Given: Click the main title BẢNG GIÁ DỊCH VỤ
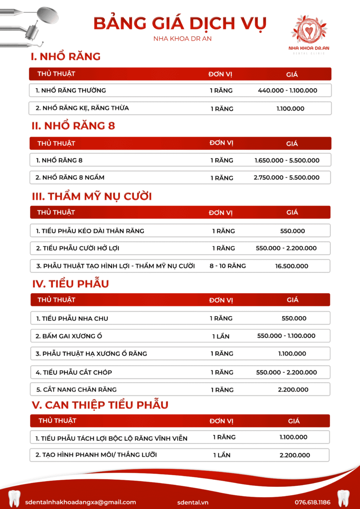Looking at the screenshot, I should click(180, 23).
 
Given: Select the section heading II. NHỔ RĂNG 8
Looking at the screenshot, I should click(73, 126).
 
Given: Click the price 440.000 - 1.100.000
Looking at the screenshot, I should click(287, 90).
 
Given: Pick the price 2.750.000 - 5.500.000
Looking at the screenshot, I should click(286, 178).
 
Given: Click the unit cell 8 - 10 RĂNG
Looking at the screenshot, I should click(228, 266).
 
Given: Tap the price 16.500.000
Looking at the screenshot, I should click(292, 266).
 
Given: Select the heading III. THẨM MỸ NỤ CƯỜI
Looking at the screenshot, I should click(91, 196).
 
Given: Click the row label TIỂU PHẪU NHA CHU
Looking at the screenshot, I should click(72, 319).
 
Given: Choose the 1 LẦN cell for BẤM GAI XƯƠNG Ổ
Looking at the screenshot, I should click(221, 336).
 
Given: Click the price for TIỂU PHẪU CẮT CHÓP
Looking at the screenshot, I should click(286, 372).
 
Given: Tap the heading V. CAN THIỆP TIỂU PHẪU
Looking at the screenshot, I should click(100, 405).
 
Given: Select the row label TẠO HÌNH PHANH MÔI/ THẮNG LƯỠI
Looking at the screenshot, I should click(96, 455).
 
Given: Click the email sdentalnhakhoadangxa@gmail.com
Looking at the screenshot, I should click(81, 502).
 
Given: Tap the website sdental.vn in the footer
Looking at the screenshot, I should click(193, 502).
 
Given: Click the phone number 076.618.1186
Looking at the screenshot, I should click(312, 502).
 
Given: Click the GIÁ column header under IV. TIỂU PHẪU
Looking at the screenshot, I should click(293, 300).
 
